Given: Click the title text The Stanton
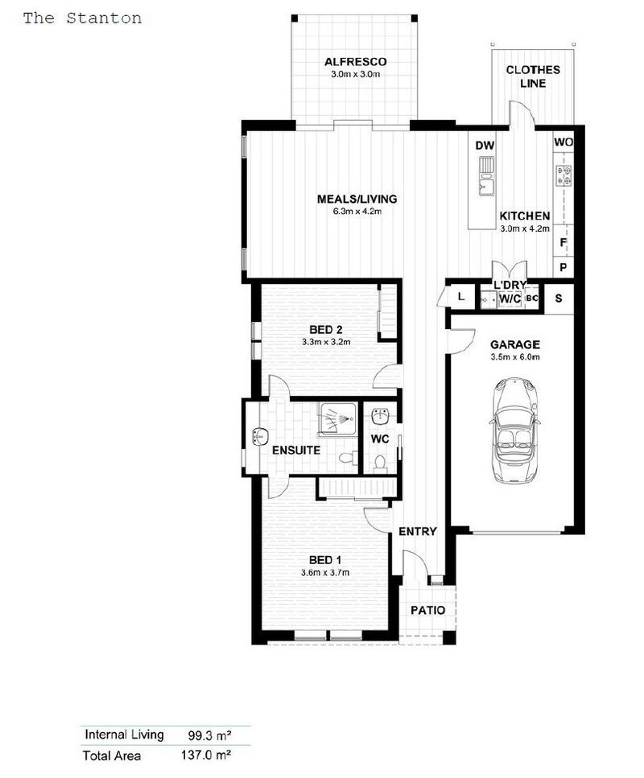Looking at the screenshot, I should click(x=82, y=19).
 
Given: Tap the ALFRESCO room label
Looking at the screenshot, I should click(x=355, y=62).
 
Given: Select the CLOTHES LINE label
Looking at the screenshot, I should click(x=533, y=76).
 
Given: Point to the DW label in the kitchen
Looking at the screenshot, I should click(x=484, y=146).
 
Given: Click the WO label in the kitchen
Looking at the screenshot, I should click(x=563, y=142).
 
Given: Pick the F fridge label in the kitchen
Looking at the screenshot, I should click(x=563, y=242).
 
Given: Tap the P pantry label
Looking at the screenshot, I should click(x=563, y=267).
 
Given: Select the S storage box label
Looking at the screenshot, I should click(x=559, y=298).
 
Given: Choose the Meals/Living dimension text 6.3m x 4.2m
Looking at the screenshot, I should click(x=357, y=212).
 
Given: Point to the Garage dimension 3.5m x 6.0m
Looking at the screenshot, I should click(x=515, y=357).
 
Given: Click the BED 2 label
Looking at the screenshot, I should click(x=326, y=329).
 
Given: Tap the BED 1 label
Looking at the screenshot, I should click(x=326, y=560).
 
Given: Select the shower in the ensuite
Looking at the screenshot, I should click(x=338, y=419).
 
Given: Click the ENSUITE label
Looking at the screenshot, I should click(x=296, y=450).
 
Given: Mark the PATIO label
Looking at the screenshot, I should click(x=427, y=610).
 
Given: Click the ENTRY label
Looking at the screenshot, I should click(x=418, y=531).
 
